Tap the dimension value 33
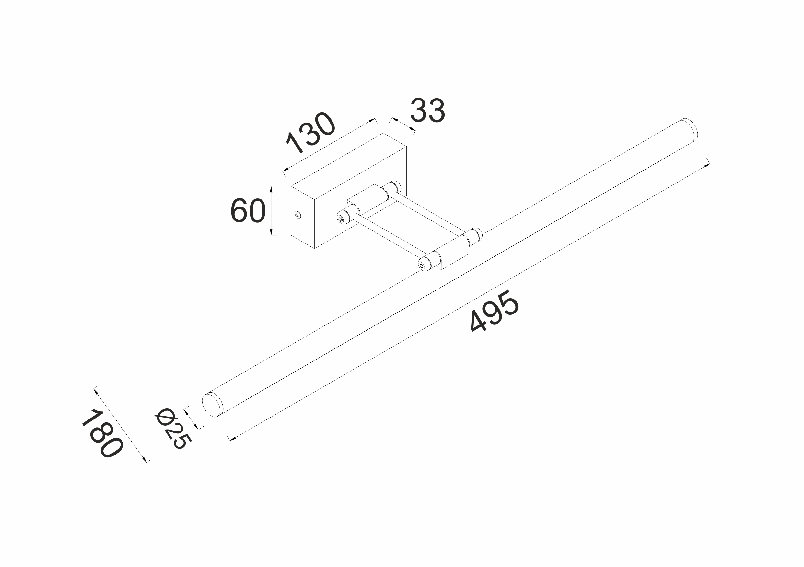[x=427, y=111]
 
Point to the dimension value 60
[x=248, y=211]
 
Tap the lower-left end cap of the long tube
[x=212, y=405]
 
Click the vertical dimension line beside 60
[x=271, y=211]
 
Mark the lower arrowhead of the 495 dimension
[x=231, y=438]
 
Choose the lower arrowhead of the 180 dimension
[x=145, y=459]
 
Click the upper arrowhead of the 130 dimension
[x=373, y=121]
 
